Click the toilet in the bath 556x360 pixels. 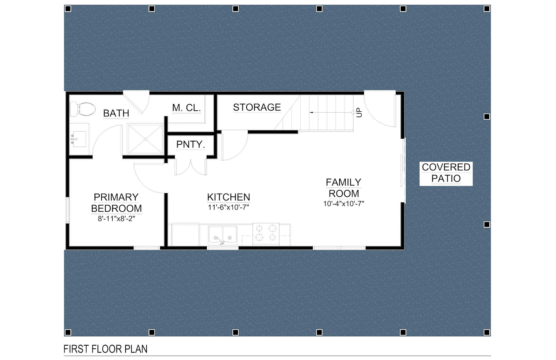click(x=83, y=109)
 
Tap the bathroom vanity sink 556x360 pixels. click(x=79, y=139)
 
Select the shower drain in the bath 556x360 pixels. click(x=146, y=139)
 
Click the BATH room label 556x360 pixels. click(x=116, y=113)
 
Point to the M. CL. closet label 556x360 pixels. click(x=187, y=108)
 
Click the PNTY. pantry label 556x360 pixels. click(x=191, y=145)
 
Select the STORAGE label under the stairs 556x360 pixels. click(x=257, y=107)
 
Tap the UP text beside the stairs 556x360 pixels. click(x=359, y=112)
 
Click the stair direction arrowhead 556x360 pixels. click(x=311, y=112)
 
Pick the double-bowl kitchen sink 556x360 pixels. click(x=223, y=235)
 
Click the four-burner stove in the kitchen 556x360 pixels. click(x=266, y=233)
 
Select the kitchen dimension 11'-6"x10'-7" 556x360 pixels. click(x=229, y=208)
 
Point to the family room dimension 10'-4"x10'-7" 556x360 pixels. click(x=344, y=204)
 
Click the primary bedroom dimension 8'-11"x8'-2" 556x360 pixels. click(x=116, y=219)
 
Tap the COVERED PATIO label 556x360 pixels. click(x=446, y=173)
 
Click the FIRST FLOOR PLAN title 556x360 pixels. click(x=105, y=349)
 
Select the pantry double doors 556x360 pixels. click(x=191, y=166)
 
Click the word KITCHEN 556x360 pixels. click(x=229, y=197)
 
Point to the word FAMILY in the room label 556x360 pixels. click(x=344, y=182)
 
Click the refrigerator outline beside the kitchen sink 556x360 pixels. click(x=185, y=235)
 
